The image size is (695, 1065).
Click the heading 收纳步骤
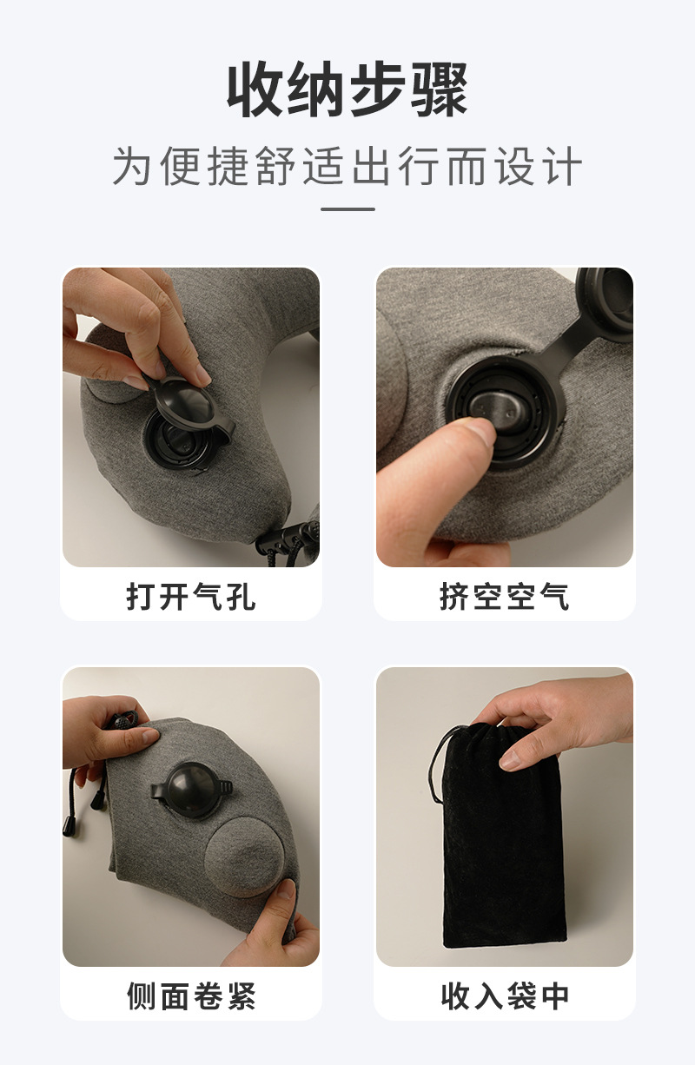pyautogui.click(x=347, y=90)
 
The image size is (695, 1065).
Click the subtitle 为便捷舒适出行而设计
pyautogui.click(x=347, y=167)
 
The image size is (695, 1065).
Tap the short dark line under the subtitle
pyautogui.click(x=347, y=209)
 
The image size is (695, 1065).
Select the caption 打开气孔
pyautogui.click(x=191, y=597)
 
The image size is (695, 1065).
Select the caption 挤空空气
pyautogui.click(x=504, y=597)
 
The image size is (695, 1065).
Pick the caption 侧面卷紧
pyautogui.click(x=191, y=996)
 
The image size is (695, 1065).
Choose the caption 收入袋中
pyautogui.click(x=504, y=996)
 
